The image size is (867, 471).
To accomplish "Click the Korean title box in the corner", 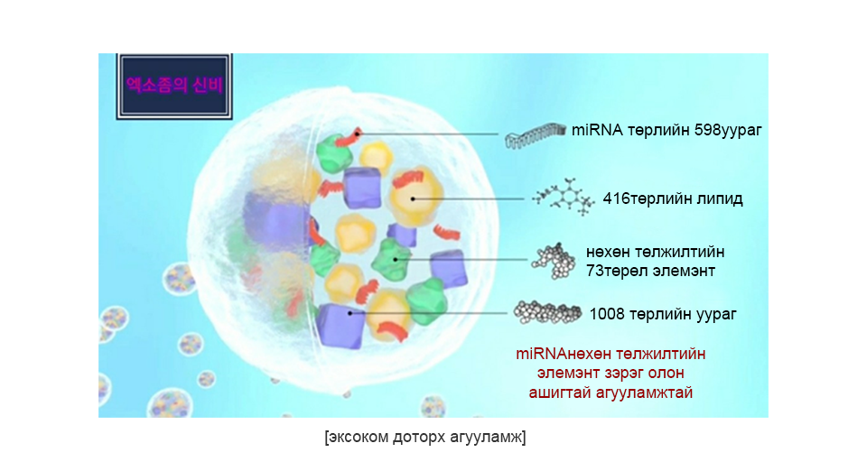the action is [174, 86].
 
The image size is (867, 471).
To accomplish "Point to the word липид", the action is [720, 199].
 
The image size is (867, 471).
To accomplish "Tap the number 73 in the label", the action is [594, 271].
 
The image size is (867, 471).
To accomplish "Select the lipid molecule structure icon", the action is [563, 197].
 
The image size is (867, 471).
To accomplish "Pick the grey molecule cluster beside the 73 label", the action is [554, 261].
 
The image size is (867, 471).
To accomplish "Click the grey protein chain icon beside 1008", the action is [547, 312].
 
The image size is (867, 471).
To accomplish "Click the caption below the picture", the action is [425, 438].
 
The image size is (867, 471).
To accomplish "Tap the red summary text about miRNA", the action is [611, 374].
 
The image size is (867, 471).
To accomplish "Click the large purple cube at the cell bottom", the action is [340, 325].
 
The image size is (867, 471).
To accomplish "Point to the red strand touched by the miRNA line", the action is [349, 137].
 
